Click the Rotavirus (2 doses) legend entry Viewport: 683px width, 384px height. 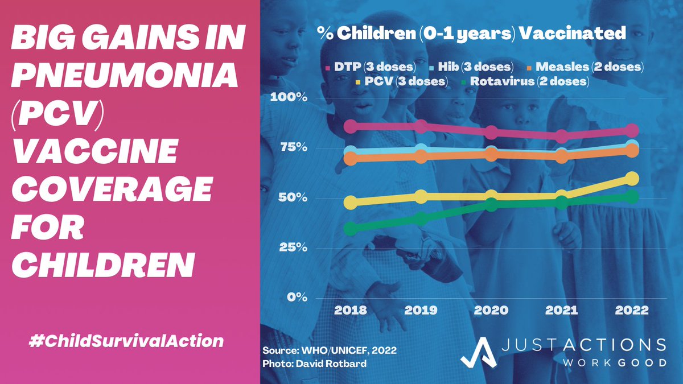pyautogui.click(x=525, y=81)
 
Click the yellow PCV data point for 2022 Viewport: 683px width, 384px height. pyautogui.click(x=632, y=179)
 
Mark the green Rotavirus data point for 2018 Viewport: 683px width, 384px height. pyautogui.click(x=351, y=229)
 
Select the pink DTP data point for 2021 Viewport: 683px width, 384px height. pyautogui.click(x=562, y=137)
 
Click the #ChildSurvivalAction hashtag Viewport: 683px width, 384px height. pyautogui.click(x=126, y=341)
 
